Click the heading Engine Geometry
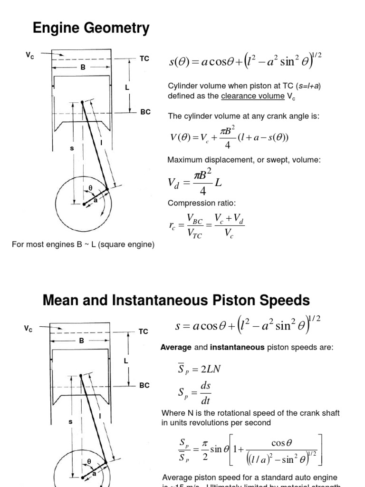click(91, 29)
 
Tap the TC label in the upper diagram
click(144, 58)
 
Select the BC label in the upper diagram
click(145, 112)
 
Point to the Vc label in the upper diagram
click(30, 55)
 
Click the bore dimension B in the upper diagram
click(83, 68)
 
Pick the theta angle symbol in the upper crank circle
click(90, 188)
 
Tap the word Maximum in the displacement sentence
click(185, 160)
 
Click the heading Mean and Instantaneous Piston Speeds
click(176, 301)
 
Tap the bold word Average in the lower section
click(176, 348)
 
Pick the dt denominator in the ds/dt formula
click(206, 400)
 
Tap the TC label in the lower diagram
click(144, 331)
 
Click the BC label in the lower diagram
click(144, 385)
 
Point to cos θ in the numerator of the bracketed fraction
click(281, 443)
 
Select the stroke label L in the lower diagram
click(126, 360)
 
